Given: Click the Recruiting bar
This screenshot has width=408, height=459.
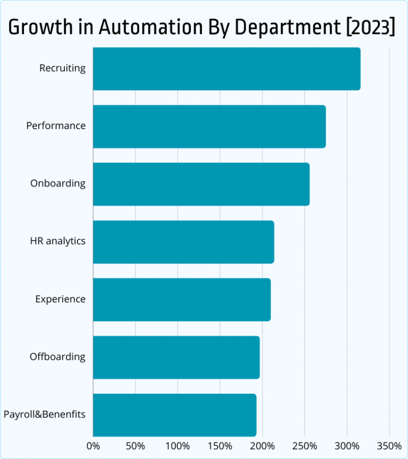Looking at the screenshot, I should pos(226,69).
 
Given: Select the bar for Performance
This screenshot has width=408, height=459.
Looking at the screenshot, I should pos(209,126).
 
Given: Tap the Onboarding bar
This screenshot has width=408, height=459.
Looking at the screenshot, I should pos(201,184).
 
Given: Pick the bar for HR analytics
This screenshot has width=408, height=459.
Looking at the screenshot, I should pos(183,242).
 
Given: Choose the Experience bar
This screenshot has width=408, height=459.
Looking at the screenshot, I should pos(182,300).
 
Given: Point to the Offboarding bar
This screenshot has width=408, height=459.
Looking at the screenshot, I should pos(176,357).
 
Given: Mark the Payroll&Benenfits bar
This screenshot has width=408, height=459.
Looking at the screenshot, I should pos(174,415).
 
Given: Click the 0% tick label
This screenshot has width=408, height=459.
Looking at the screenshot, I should pos(93,445).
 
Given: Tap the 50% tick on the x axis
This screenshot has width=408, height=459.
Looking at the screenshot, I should pos(135,445).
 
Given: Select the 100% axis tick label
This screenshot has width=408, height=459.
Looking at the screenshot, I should pos(177,445).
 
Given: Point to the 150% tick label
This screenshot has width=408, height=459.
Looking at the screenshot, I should pos(220,445).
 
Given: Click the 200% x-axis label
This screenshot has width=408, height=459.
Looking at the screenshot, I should pos(262,445).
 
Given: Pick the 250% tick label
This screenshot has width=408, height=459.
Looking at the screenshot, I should pos(304,445).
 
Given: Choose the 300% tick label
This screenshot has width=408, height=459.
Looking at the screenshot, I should pos(347,445).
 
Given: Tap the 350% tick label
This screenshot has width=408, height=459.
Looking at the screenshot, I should pos(389,445).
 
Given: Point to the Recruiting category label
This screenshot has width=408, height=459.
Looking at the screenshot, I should pos(62,69).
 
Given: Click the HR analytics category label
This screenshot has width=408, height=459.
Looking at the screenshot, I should pos(57,241).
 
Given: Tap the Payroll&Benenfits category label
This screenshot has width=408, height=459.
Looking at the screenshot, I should pos(44,414).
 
